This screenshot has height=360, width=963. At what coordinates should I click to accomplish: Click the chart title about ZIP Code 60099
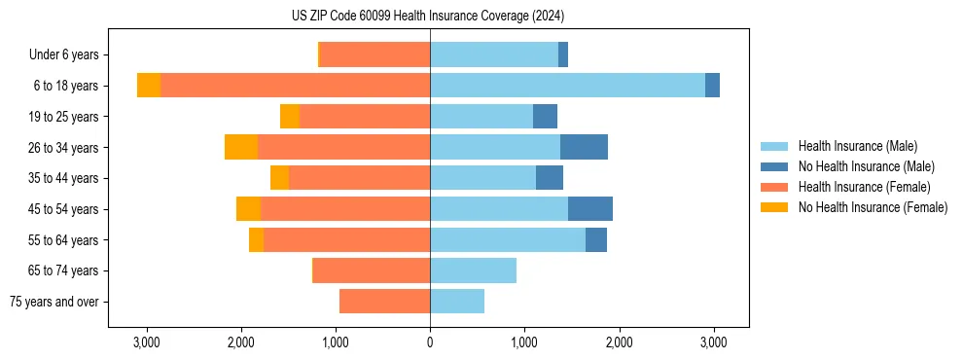428,17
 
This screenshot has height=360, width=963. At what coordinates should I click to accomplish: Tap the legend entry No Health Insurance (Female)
873,207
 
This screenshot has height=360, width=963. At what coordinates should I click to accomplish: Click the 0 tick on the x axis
430,342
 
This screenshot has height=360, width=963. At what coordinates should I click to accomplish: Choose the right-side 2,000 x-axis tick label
619,342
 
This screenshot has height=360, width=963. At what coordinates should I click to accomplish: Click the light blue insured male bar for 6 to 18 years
567,86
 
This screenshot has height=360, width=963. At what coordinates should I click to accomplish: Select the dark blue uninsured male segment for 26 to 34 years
584,147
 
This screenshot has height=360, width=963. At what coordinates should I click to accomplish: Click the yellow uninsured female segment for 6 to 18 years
149,86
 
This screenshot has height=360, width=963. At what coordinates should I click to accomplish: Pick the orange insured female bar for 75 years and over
384,302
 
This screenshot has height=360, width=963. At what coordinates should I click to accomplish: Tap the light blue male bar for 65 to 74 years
473,270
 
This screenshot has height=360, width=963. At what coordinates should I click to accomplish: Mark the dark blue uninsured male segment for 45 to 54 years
589,209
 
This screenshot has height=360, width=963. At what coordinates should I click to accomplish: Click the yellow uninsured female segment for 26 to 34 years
241,147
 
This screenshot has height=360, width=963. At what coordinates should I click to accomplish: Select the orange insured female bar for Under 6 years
374,54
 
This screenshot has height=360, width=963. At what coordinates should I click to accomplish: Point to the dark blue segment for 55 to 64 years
595,239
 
